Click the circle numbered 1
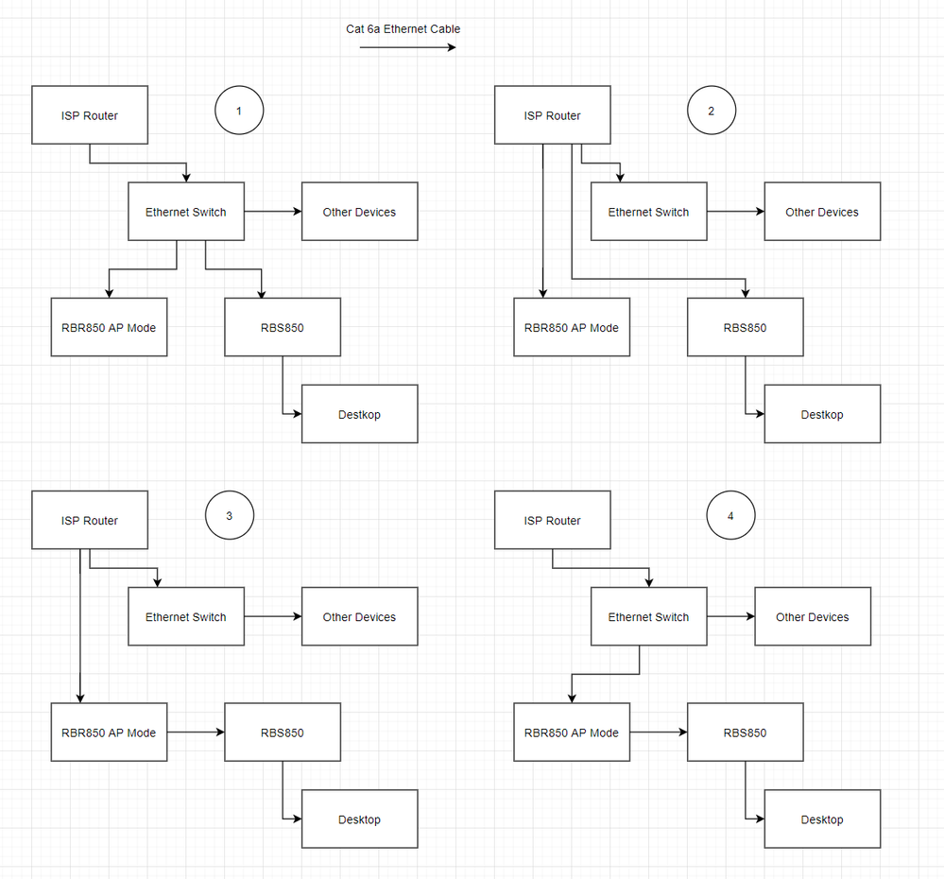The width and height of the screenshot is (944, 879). point(239,112)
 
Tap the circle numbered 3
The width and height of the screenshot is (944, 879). point(230,516)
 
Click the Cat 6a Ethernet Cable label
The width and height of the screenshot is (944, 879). point(403,29)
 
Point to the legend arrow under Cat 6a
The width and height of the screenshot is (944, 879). point(407,47)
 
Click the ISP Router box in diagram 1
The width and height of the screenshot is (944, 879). point(90,115)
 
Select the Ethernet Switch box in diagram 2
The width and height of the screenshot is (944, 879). point(648,212)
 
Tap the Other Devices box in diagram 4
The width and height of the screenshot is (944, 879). point(813,617)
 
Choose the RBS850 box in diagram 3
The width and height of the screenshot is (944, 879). point(283,732)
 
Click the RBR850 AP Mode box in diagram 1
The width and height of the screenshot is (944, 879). point(109,328)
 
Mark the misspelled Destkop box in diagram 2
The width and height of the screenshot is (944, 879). point(822,414)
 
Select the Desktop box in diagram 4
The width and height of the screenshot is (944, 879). point(822,819)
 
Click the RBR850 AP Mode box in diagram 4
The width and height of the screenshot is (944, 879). point(572,732)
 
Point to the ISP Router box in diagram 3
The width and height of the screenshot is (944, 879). point(90,520)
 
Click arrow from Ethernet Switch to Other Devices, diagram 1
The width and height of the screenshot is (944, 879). point(272,212)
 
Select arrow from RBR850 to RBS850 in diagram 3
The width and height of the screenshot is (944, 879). point(196,732)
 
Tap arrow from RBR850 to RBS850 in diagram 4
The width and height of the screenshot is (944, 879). point(659,732)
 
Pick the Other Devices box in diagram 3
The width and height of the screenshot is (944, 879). point(359,617)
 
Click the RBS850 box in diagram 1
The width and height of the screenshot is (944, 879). point(283,328)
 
